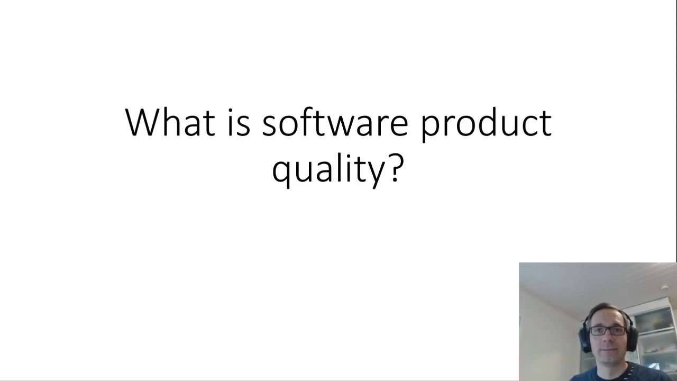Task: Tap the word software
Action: [x=335, y=122]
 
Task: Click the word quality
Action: [x=329, y=169]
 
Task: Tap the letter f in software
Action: [x=305, y=121]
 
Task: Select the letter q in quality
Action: [x=282, y=171]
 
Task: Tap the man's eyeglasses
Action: [x=608, y=330]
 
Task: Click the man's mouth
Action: [x=608, y=350]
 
